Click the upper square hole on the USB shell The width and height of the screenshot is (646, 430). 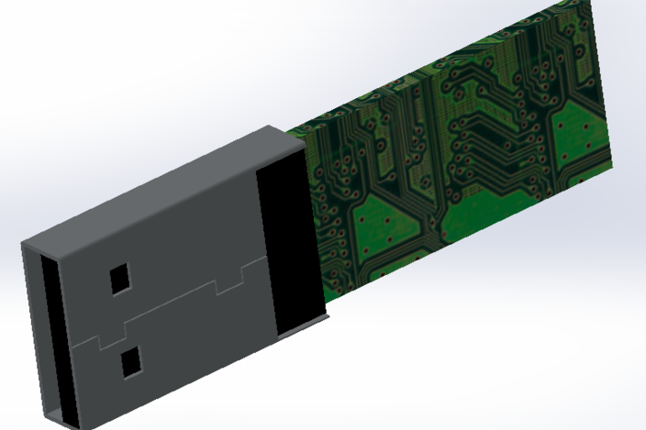tap(120, 278)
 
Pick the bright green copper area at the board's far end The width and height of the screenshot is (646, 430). tap(578, 138)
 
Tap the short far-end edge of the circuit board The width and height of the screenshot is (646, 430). tap(598, 83)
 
